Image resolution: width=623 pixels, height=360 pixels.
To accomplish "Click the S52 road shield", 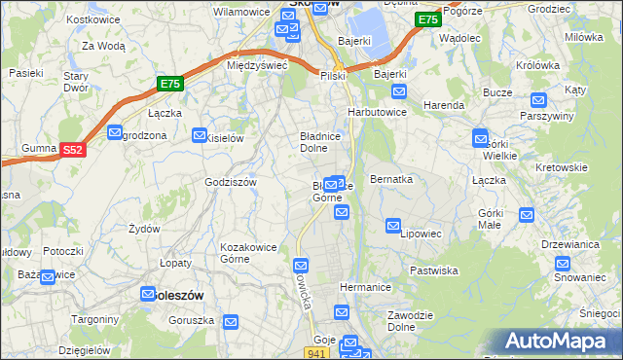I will point(72,150).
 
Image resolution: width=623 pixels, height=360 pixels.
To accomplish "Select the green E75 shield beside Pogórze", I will point(426,19).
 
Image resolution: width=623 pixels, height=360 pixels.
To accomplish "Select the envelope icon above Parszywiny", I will point(539,99).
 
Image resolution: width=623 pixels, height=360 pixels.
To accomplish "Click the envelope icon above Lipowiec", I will point(393,226).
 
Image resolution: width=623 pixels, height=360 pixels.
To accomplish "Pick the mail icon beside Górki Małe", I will point(527,215).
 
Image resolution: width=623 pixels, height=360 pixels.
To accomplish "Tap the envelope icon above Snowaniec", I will point(562,263).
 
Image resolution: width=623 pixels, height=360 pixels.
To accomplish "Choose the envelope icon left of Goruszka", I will point(230,322).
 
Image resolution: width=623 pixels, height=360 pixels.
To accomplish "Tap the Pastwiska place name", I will point(433,270).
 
